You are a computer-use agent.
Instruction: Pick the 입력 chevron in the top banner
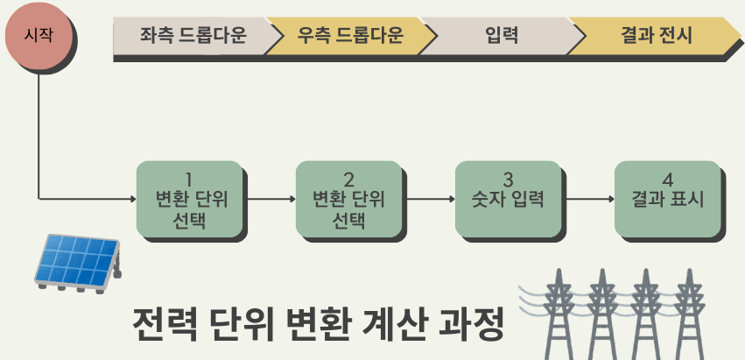click(501, 36)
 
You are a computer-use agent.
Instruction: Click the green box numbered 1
click(189, 199)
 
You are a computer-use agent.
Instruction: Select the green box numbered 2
click(348, 199)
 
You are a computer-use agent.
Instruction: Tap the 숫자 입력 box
click(508, 199)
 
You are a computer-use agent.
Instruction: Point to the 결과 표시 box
click(667, 199)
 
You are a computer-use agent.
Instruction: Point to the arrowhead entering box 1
click(132, 199)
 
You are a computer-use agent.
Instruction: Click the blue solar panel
click(77, 260)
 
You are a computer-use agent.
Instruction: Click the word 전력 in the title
click(165, 326)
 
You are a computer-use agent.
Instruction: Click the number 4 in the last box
click(667, 180)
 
